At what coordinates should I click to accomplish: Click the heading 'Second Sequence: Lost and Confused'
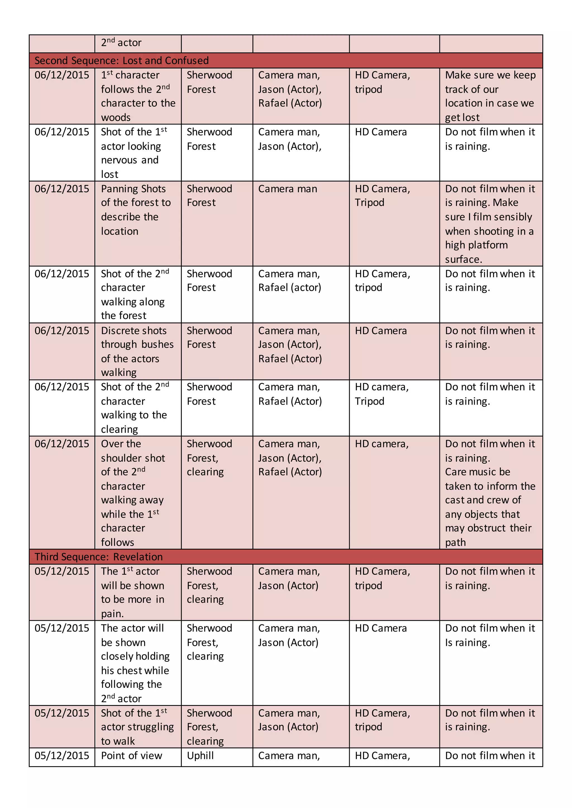pyautogui.click(x=121, y=61)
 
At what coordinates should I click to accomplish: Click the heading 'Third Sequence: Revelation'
pyautogui.click(x=99, y=557)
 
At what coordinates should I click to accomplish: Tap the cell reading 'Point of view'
pyautogui.click(x=131, y=756)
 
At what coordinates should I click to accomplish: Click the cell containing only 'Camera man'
pyautogui.click(x=287, y=189)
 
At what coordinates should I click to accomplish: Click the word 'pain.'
pyautogui.click(x=112, y=614)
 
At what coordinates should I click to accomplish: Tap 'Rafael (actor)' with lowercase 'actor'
pyautogui.click(x=290, y=288)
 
